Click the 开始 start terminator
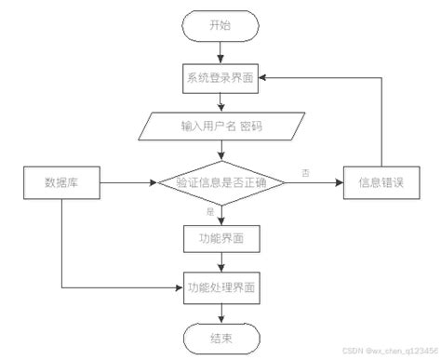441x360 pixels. tap(220, 26)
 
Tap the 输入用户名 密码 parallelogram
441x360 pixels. tap(220, 126)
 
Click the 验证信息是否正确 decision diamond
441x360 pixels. tap(220, 183)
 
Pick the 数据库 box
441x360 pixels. tap(61, 182)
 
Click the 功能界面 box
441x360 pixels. tap(220, 238)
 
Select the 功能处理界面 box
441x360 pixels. tap(220, 287)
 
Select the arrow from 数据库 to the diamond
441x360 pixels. tap(126, 183)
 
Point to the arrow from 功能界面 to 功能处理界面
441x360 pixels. tap(220, 262)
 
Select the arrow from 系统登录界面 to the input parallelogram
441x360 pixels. tap(220, 101)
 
